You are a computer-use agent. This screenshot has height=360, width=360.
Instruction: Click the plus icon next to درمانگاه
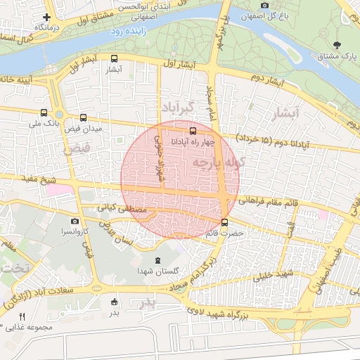[47, 17]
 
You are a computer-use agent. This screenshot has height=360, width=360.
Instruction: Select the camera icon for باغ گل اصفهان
[265, 6]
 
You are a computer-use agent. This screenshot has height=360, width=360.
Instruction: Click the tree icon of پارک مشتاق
[337, 45]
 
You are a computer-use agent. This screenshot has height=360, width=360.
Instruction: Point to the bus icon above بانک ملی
[44, 112]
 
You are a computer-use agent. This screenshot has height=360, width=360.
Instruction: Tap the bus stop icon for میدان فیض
[84, 118]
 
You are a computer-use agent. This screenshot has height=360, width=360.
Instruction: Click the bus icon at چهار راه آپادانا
[193, 130]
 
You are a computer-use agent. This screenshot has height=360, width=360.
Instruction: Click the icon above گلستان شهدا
[156, 261]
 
